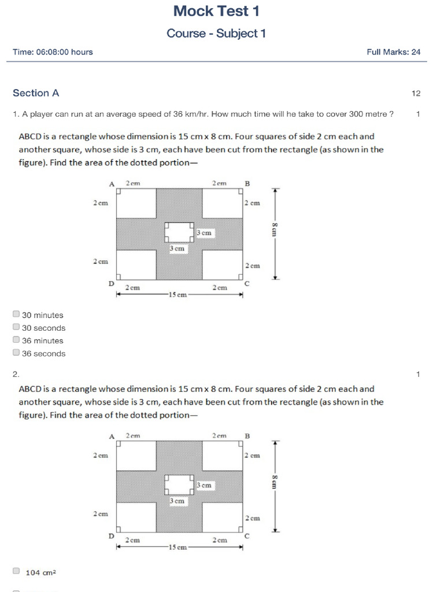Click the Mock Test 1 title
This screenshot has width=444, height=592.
tap(216, 11)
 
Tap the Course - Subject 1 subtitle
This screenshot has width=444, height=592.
tap(216, 34)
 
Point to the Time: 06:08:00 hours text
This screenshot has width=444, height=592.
tap(53, 52)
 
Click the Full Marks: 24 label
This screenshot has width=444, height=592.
tap(393, 52)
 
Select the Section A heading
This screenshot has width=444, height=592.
tap(36, 93)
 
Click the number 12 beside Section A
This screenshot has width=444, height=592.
tap(416, 93)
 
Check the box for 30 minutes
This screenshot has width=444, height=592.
tap(16, 314)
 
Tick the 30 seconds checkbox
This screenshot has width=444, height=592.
tap(16, 327)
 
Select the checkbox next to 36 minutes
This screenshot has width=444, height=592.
tap(16, 340)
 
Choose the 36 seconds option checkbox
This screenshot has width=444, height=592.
tap(16, 353)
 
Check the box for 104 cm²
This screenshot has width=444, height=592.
tap(16, 571)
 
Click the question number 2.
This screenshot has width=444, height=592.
tap(16, 375)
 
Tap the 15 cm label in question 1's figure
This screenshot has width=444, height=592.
tap(177, 295)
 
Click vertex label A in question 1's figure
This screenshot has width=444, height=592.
tap(112, 184)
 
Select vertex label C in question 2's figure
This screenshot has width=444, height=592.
tap(247, 536)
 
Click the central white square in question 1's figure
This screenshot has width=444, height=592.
tap(179, 232)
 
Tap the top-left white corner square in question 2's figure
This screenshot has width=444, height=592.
tap(136, 455)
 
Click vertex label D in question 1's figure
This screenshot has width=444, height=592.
tap(112, 283)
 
